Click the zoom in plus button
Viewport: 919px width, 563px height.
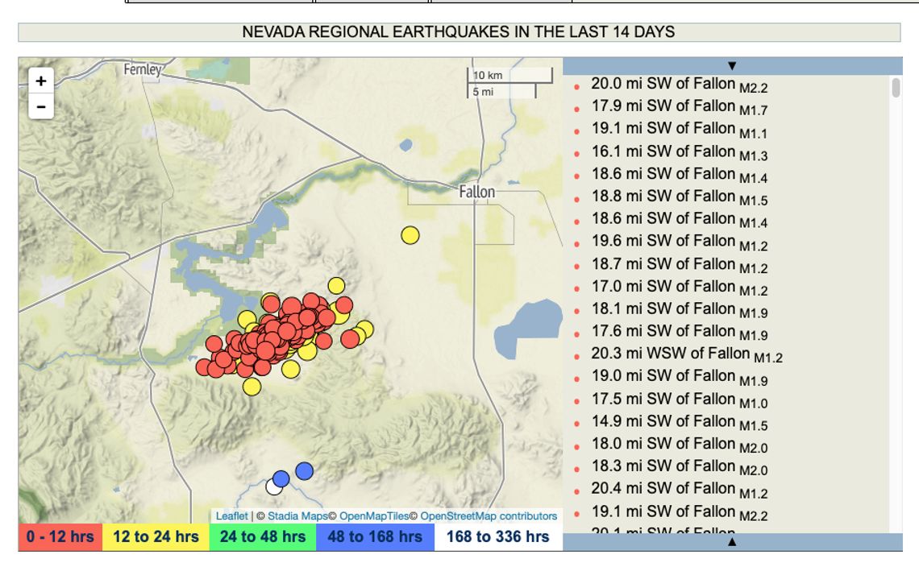tap(41, 81)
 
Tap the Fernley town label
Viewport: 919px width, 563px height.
tap(142, 70)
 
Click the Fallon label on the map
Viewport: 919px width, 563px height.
tap(476, 192)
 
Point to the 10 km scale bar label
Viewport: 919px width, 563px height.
tap(489, 75)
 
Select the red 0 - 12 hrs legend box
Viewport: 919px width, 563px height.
tap(60, 537)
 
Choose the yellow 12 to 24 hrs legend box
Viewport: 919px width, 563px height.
tap(156, 537)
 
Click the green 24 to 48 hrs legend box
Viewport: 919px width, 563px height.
tap(262, 537)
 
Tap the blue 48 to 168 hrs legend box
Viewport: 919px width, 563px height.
tap(375, 537)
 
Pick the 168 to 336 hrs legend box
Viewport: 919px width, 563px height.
tap(497, 537)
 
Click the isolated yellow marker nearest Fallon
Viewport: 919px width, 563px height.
tap(410, 235)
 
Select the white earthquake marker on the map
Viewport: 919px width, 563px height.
tap(274, 486)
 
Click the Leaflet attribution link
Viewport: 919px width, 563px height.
tap(231, 516)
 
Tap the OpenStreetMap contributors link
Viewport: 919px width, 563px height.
tap(489, 516)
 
